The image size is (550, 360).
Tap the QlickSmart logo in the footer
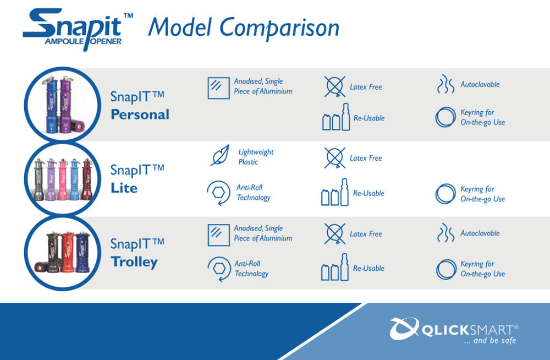(x=454, y=330)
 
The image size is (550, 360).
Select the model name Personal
(x=140, y=114)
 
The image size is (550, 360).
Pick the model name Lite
(x=124, y=188)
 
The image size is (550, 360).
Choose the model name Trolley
(x=134, y=262)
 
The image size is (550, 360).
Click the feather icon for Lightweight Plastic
(x=220, y=155)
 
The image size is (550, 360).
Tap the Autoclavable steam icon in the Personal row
(x=446, y=84)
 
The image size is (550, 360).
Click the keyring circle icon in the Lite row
(x=446, y=194)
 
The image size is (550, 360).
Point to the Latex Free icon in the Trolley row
(x=334, y=233)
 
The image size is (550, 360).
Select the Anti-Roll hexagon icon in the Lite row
(x=218, y=193)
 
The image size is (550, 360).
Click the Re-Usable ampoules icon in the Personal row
(x=336, y=117)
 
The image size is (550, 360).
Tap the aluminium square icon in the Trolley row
(x=218, y=235)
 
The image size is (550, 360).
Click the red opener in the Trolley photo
(x=68, y=252)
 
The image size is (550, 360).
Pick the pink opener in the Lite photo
(x=63, y=179)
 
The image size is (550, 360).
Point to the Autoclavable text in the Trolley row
(x=480, y=233)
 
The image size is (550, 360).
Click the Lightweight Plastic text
(x=256, y=157)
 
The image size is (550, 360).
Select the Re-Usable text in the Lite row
(x=369, y=193)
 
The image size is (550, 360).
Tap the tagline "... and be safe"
(x=490, y=341)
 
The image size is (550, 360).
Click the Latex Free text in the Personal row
(x=366, y=87)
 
